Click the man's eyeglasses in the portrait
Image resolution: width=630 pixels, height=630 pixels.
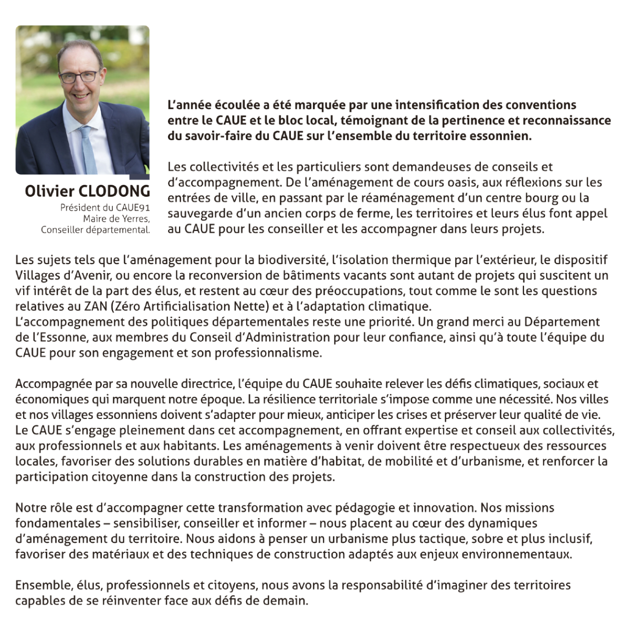pyautogui.click(x=79, y=77)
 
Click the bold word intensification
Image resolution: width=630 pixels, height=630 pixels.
pyautogui.click(x=445, y=105)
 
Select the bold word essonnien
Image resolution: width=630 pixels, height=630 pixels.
pyautogui.click(x=503, y=136)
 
